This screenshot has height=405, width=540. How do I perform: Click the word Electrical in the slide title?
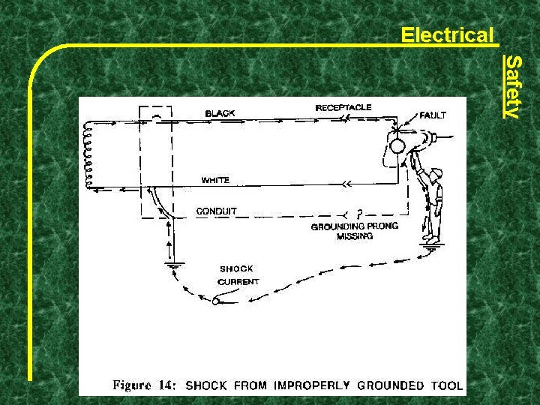click(x=447, y=34)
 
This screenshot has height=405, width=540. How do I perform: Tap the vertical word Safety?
click(x=512, y=86)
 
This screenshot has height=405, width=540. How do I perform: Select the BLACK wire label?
click(x=220, y=113)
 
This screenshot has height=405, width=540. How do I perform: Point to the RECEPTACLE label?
click(x=343, y=107)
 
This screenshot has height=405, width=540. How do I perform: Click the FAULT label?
click(x=433, y=115)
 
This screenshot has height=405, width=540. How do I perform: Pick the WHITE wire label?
click(x=215, y=180)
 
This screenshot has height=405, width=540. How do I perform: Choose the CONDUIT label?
click(x=216, y=211)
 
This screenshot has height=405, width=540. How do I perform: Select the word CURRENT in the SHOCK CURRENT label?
click(x=238, y=282)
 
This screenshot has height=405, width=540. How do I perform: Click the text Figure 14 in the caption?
click(x=144, y=385)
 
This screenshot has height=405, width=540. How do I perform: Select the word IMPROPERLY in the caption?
click(x=310, y=385)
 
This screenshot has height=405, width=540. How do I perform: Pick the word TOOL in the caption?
click(x=447, y=385)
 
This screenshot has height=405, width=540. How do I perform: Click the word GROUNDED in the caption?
click(x=391, y=385)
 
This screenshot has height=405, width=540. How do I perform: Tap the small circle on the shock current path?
click(x=216, y=301)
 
